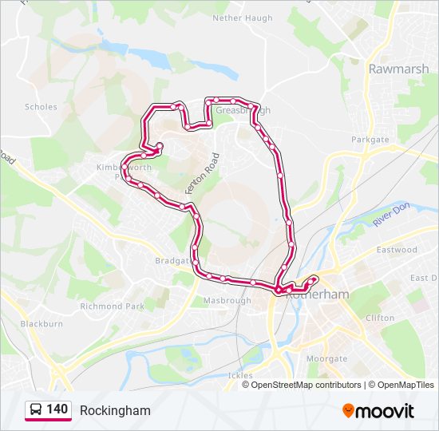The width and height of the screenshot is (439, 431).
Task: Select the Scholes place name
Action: [41, 106]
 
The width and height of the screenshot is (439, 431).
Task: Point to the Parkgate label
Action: [370, 140]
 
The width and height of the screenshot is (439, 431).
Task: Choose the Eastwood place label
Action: [397, 250]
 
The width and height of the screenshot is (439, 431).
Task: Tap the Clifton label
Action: [379, 318]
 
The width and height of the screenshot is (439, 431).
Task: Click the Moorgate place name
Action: [326, 359]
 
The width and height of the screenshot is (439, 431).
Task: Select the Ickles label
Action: [239, 375]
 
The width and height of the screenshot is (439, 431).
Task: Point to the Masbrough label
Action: [227, 301]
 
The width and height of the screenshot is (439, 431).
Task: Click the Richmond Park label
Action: [112, 306]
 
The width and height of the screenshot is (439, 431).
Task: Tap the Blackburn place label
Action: [42, 324]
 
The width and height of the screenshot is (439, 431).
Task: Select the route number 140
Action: [57, 409]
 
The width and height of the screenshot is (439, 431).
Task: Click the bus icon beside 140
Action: [36, 410]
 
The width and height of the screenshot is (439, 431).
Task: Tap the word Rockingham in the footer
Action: [115, 410]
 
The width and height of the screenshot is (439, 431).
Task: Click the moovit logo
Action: [378, 410]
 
